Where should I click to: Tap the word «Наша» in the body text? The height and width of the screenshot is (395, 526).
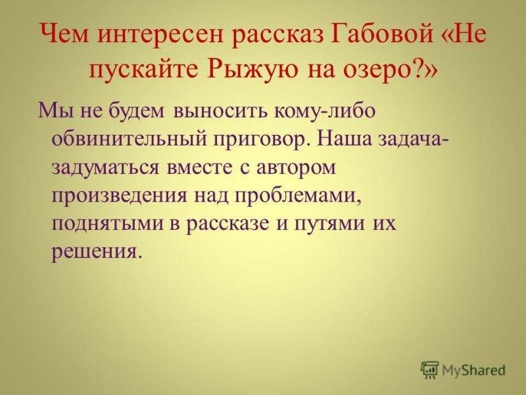click(345, 138)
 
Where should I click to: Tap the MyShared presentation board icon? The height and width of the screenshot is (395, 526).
click(429, 370)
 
